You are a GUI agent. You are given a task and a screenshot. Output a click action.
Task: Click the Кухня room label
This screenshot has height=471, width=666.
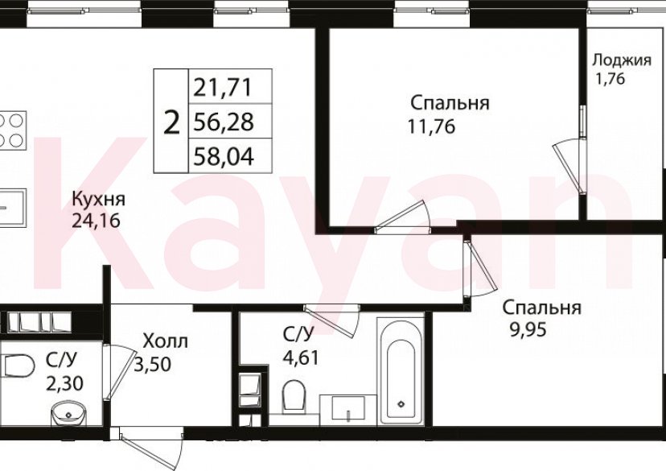click(x=98, y=199)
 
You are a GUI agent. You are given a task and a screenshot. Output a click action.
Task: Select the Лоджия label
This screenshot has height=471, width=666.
click(x=621, y=60)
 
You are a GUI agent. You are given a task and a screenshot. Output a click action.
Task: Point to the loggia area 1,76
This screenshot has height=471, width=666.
click(x=610, y=79)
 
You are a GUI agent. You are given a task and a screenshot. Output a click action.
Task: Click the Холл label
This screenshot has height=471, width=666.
click(x=165, y=341)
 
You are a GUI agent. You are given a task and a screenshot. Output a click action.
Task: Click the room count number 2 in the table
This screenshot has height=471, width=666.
click(x=171, y=122)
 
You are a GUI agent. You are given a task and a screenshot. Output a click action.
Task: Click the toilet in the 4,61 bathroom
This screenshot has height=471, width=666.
click(x=294, y=395)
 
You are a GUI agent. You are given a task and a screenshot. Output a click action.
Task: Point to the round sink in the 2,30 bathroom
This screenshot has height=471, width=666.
click(x=68, y=415)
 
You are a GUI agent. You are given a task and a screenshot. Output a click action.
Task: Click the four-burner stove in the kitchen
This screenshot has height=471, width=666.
click(x=11, y=130)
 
